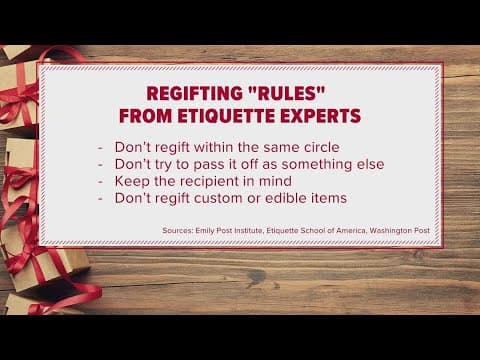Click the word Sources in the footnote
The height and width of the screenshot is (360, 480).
pyautogui.click(x=178, y=230)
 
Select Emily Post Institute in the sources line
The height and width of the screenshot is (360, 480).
pyautogui.click(x=234, y=230)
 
